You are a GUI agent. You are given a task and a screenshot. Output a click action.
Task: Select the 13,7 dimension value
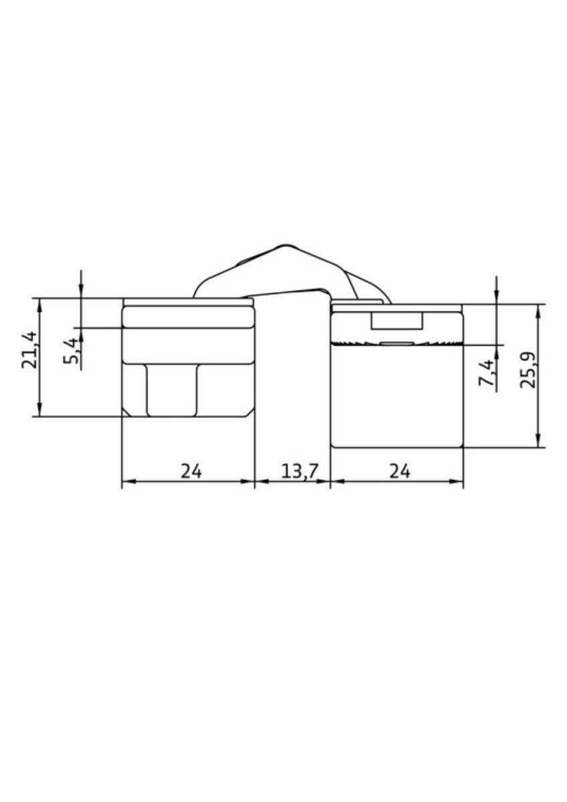pos(299,471)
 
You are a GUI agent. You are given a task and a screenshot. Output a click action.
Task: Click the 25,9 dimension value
pos(530,369)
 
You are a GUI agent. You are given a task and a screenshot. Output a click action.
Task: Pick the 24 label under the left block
pos(191,471)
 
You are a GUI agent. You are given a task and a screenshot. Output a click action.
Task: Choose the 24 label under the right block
pos(399,471)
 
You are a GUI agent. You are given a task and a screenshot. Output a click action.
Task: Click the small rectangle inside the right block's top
pos(397,321)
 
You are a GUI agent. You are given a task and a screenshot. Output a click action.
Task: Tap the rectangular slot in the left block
pos(172,390)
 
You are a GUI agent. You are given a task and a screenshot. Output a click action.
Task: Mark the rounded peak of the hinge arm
pos(288,247)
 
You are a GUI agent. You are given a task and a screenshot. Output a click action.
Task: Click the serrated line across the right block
pos(397,344)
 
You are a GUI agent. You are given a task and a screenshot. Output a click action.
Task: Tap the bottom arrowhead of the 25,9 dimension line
pos(538,441)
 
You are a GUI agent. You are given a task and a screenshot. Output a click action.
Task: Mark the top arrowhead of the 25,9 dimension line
pos(538,310)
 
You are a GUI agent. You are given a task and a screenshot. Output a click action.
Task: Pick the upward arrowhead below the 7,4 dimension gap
pos(496,350)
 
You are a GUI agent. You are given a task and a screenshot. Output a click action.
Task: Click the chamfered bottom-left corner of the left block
pos(125,413)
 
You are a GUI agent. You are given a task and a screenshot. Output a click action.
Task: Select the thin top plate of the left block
pos(187,302)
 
